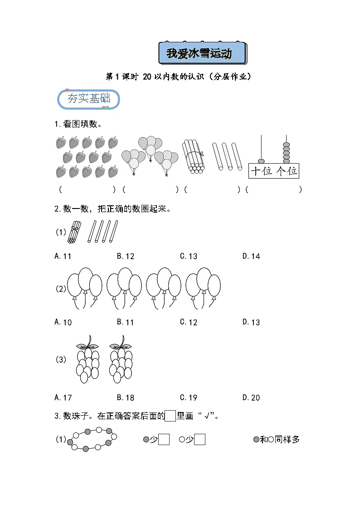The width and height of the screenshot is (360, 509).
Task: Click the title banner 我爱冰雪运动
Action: click(x=202, y=54)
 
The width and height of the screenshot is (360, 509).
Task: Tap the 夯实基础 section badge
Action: click(x=89, y=99)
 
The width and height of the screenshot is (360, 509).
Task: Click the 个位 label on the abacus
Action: click(x=287, y=171)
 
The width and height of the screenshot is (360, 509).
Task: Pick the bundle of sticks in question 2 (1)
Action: click(x=74, y=232)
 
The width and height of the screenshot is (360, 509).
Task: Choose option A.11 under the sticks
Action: click(x=63, y=256)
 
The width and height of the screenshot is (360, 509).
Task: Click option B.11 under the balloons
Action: click(x=126, y=322)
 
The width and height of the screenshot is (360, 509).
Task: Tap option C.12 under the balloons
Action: click(x=189, y=322)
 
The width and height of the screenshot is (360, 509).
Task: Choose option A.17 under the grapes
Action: click(x=63, y=398)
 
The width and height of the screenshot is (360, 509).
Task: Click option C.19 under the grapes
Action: click(x=189, y=398)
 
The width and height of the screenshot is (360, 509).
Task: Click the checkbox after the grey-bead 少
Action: click(x=164, y=440)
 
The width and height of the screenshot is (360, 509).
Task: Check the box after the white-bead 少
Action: click(x=199, y=440)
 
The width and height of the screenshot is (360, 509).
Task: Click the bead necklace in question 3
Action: click(x=92, y=439)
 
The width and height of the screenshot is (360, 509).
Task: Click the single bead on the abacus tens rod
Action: click(x=261, y=161)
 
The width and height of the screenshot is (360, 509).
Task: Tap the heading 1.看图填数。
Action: click(x=78, y=124)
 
